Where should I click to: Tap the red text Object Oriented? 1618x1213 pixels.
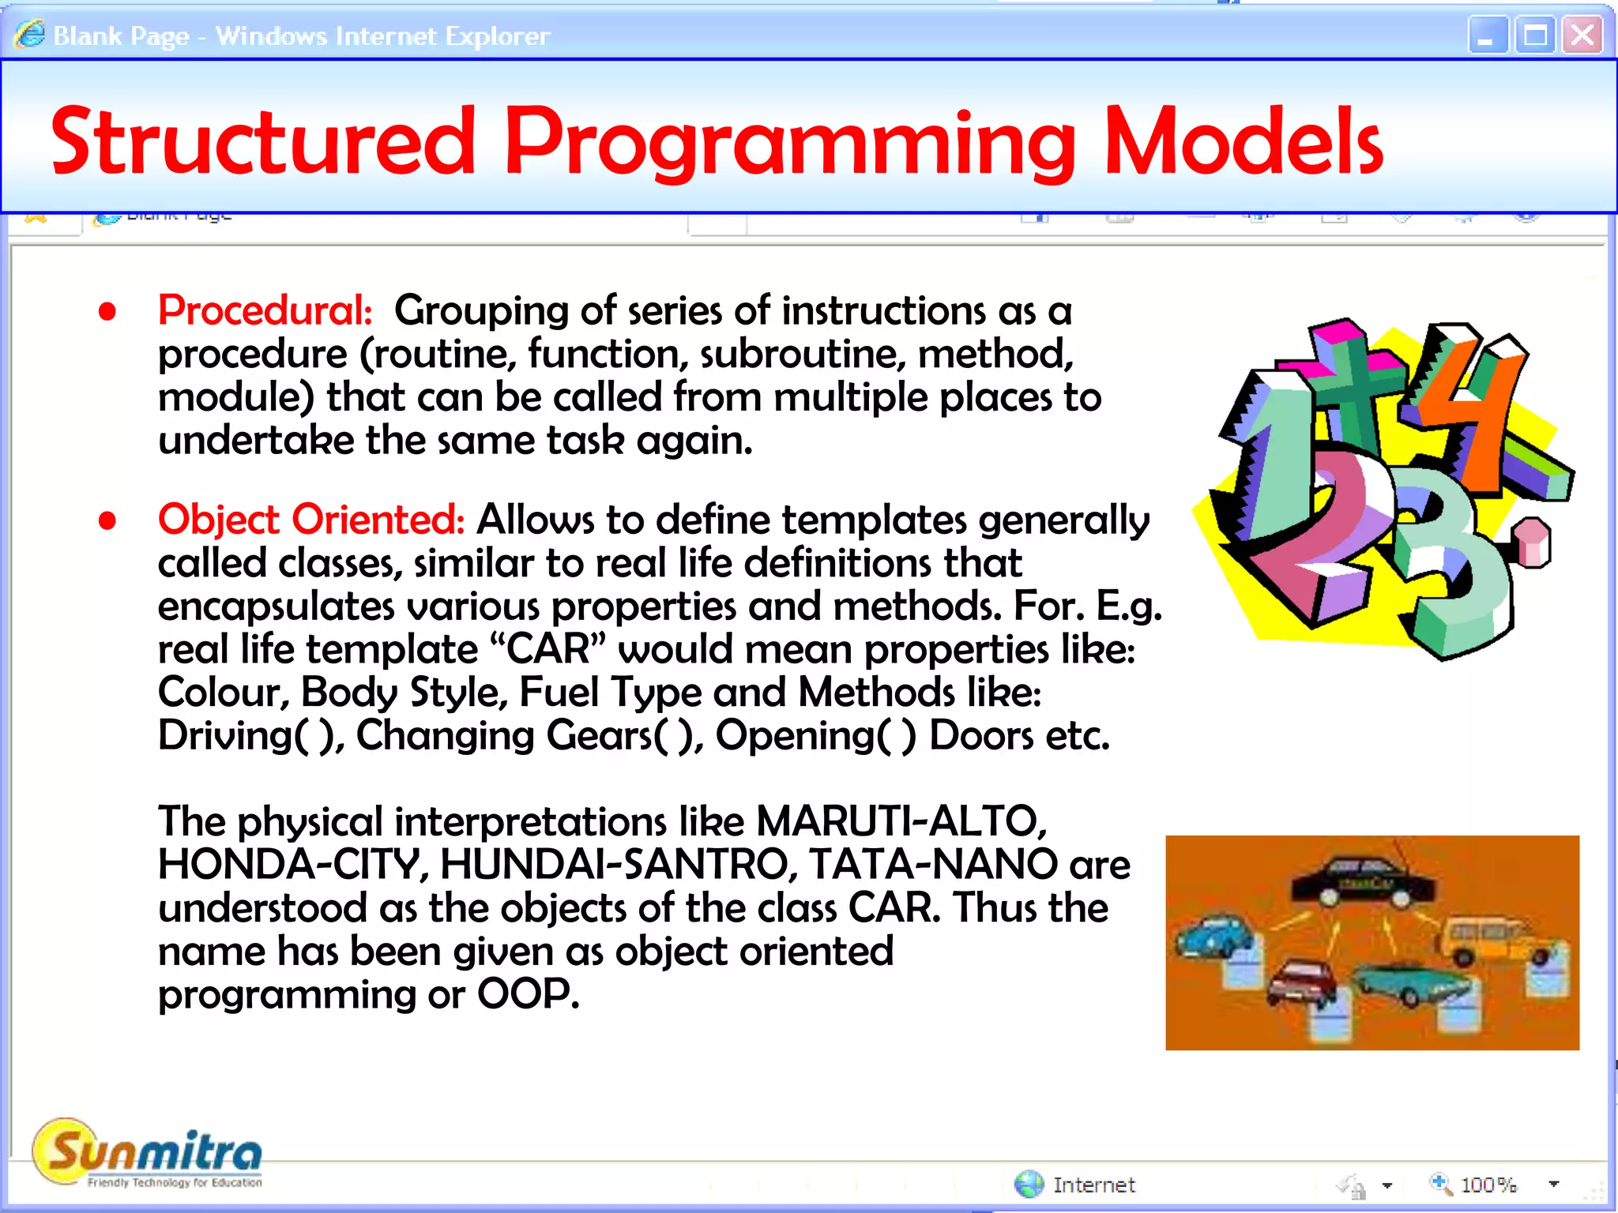(x=310, y=520)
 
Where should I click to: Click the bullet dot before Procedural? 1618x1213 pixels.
(x=107, y=311)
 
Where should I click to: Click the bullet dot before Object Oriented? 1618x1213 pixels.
(x=107, y=520)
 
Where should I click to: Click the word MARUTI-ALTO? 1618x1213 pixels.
(x=901, y=821)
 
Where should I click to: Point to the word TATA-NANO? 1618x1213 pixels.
(x=933, y=864)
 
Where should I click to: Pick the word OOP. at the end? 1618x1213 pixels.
(x=528, y=993)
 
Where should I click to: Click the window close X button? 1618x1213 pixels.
(x=1582, y=36)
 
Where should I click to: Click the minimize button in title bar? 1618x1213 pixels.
(x=1487, y=36)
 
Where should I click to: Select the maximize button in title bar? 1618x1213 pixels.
(x=1534, y=36)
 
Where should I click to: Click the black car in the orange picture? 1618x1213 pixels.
(x=1363, y=881)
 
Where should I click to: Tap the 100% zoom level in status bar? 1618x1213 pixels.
(x=1488, y=1185)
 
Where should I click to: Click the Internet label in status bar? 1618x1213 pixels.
(x=1093, y=1185)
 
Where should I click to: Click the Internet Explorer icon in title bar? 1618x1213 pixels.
(x=30, y=35)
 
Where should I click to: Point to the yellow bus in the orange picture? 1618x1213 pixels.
(x=1485, y=940)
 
